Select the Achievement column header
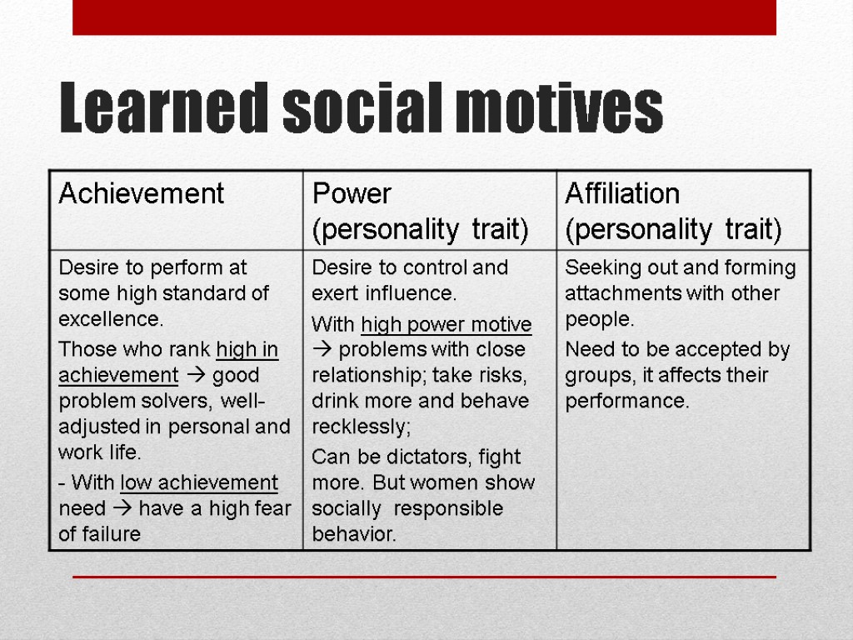coord(141,193)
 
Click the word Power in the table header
coord(351,193)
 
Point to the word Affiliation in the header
coord(622,193)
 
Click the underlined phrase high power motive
coord(446,324)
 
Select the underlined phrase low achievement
coord(199,482)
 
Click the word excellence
coord(110,319)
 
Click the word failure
coord(110,534)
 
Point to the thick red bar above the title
coord(424,17)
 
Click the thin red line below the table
coord(424,577)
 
